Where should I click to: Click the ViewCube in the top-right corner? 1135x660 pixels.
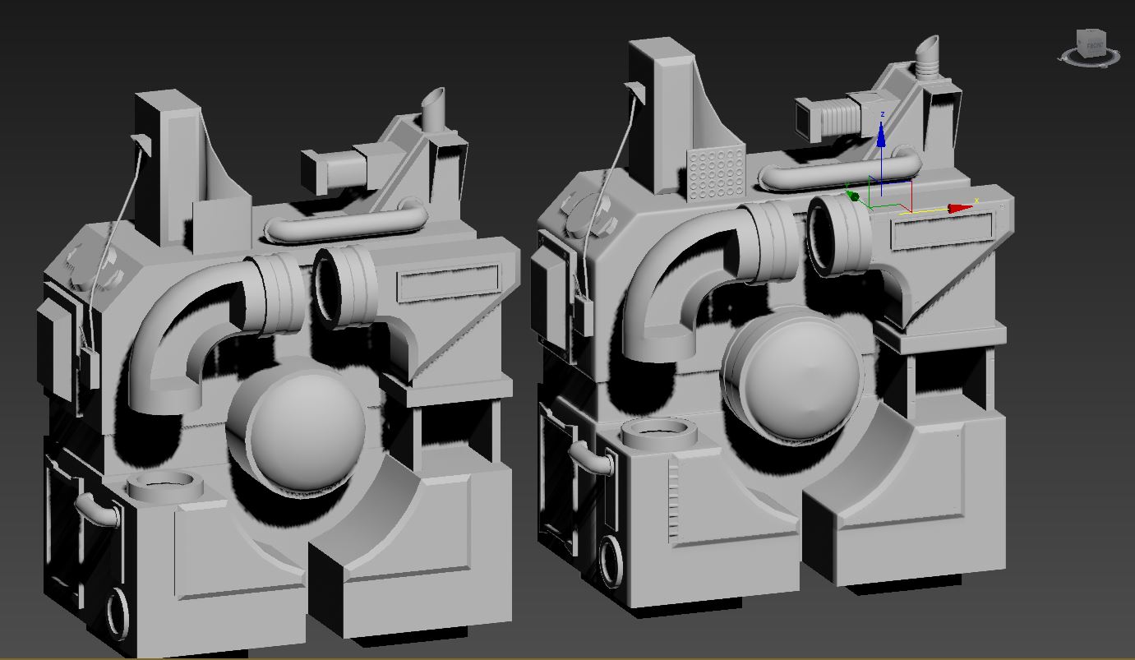coord(1091,44)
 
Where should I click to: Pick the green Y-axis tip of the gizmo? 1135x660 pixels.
coord(852,196)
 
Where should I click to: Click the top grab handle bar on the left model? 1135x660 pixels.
coord(346,223)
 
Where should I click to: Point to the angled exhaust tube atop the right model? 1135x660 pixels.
coord(928,58)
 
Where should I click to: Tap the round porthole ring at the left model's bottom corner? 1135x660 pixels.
coord(120,612)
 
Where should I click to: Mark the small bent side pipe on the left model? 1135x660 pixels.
coord(97,510)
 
